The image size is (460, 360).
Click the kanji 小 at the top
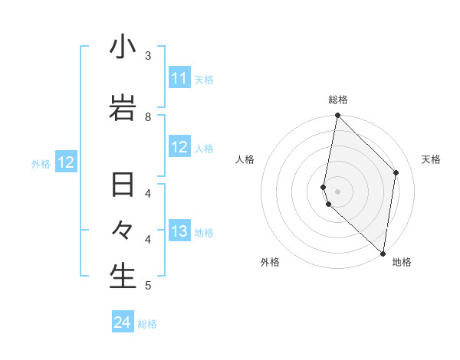(x=123, y=47)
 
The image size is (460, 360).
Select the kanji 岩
(x=123, y=108)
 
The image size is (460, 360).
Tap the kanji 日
(x=123, y=186)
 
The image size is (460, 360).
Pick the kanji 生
(x=123, y=276)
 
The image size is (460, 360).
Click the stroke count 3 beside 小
(x=148, y=56)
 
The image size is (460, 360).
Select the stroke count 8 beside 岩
(x=148, y=116)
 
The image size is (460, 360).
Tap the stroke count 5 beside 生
(x=148, y=286)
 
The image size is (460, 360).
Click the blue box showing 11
(x=179, y=78)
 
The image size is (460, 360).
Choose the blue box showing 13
(x=179, y=231)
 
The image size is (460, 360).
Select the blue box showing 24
(x=122, y=322)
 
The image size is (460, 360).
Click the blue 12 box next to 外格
(x=66, y=162)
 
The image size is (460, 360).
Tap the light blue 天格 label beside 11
(x=204, y=80)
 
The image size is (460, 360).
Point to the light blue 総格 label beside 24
(x=147, y=324)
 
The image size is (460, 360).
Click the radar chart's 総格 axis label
(x=338, y=100)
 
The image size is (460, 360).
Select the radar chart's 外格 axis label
(x=270, y=262)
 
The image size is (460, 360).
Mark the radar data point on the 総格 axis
(x=337, y=116)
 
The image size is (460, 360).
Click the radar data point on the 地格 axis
(x=383, y=253)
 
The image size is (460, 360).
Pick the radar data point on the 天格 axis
(x=396, y=172)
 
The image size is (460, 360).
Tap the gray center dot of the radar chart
(x=337, y=191)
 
